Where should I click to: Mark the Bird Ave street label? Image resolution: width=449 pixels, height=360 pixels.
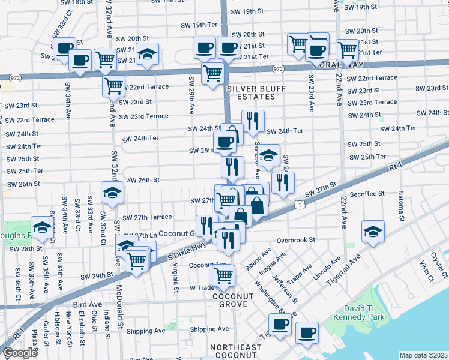88,304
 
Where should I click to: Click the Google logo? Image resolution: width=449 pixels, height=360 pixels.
20,353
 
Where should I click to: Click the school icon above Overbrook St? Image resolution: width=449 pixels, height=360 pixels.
373,232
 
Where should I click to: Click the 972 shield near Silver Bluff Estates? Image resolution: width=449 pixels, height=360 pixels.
277,70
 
